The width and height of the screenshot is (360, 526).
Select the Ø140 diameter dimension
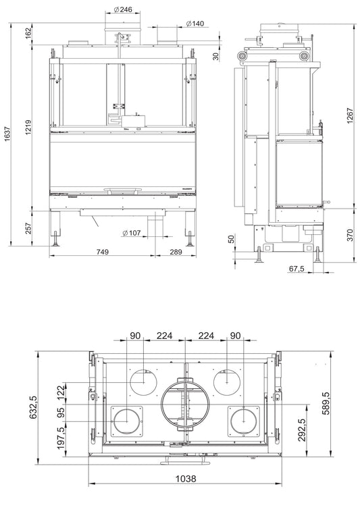(x=195, y=24)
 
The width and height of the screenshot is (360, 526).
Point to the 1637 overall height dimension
(x=8, y=133)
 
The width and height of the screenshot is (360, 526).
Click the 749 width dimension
(x=102, y=252)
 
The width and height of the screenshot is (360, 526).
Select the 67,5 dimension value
(x=296, y=269)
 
